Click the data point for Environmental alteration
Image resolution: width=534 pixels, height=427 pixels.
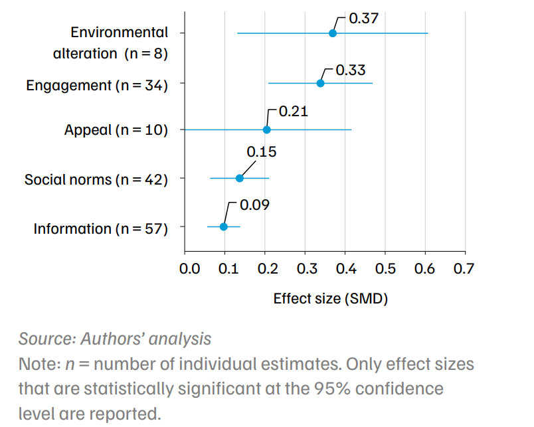(333, 33)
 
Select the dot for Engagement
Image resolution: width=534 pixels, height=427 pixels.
(320, 83)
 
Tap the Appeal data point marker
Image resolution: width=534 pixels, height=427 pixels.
(266, 129)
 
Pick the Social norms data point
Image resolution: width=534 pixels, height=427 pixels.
(240, 178)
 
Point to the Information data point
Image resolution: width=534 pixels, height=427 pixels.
(224, 226)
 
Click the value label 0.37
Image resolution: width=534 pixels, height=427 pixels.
(363, 18)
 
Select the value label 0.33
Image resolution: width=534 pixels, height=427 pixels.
(351, 70)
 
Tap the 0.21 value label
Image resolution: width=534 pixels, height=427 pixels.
(294, 112)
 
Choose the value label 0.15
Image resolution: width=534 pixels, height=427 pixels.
(261, 152)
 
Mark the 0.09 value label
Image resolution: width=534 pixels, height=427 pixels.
(254, 205)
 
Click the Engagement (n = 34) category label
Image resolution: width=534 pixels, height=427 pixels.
(97, 86)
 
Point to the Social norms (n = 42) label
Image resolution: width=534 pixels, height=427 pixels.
(96, 179)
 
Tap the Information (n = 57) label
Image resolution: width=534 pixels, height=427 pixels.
(101, 228)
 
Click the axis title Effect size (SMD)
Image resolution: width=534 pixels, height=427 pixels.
(330, 298)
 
